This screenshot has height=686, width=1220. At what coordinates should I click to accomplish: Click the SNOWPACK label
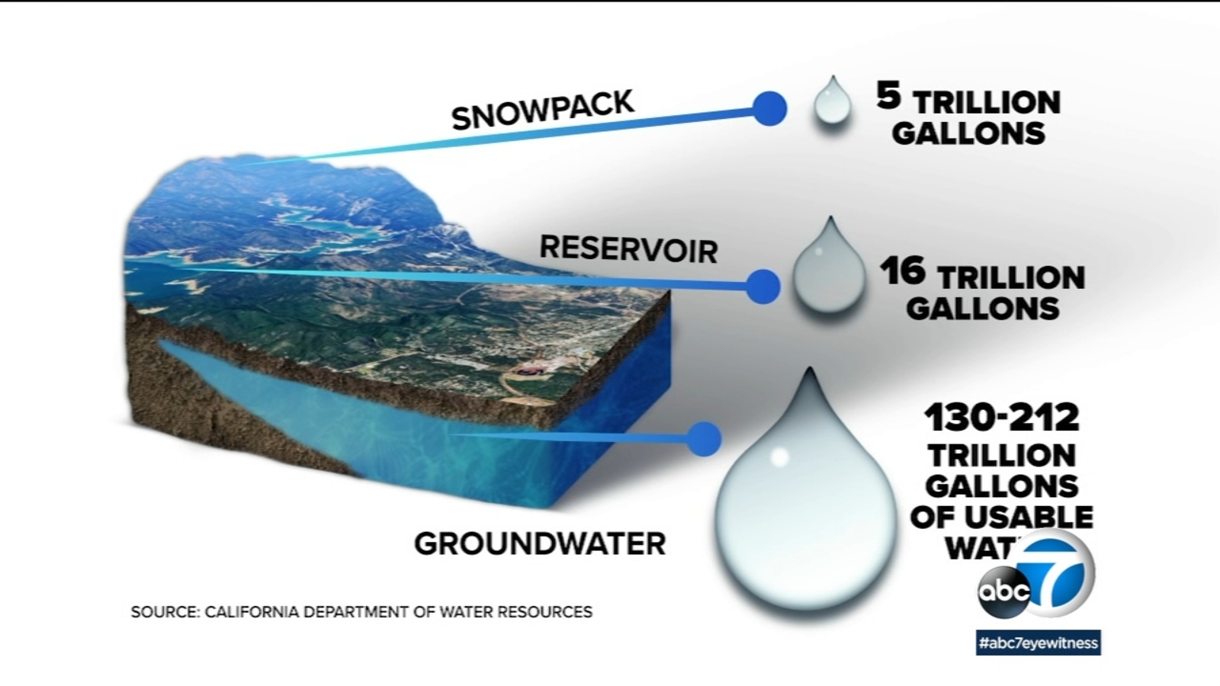(542, 111)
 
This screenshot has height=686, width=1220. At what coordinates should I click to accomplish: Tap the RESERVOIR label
(628, 249)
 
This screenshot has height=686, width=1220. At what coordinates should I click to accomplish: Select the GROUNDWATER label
(540, 543)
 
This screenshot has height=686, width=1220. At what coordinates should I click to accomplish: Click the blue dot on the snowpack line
(769, 109)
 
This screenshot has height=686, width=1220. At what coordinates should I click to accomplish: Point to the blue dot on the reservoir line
(762, 287)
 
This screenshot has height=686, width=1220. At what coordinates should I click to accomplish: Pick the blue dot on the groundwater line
(703, 438)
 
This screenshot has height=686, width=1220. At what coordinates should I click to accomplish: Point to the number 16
(903, 271)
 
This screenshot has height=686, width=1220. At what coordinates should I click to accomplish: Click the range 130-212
(1002, 418)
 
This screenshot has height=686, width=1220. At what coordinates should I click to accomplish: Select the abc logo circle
(1004, 590)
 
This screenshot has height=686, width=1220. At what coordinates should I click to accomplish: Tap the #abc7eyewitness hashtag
(1039, 643)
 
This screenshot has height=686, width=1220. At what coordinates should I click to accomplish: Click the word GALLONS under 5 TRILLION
(968, 133)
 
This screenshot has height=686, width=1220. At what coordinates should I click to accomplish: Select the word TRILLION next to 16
(1011, 277)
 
